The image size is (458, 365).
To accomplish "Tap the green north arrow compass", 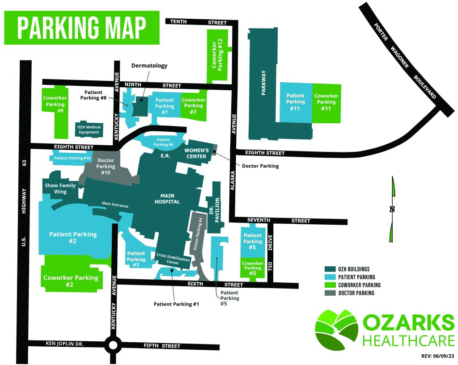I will click(x=393, y=209).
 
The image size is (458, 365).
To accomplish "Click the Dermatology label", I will click(x=149, y=66).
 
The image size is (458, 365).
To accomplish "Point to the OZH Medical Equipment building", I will click(x=89, y=130).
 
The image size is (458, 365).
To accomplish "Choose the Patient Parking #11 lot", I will click(x=296, y=102).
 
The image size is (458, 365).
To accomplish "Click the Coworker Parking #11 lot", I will click(x=326, y=102).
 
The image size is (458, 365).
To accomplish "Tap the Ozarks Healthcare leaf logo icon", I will click(x=336, y=329).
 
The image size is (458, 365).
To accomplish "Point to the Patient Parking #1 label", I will click(x=176, y=304).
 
